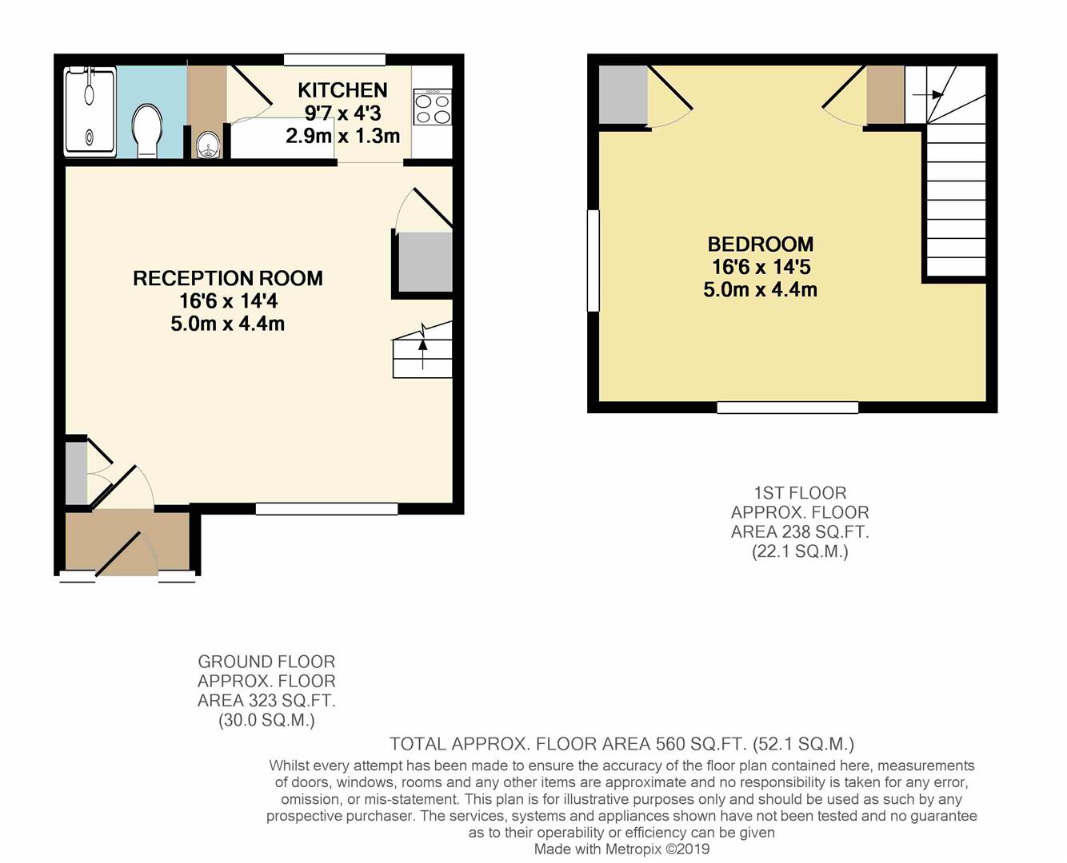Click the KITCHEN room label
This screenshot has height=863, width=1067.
click(x=342, y=90)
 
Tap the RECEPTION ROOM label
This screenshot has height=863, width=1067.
click(x=228, y=278)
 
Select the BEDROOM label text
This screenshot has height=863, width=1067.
click(x=760, y=245)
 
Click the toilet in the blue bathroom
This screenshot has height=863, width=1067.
click(x=147, y=132)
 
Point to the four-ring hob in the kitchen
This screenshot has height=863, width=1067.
click(x=432, y=107)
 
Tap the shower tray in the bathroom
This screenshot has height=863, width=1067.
click(x=90, y=111)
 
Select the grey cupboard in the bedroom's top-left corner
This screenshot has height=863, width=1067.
click(x=623, y=95)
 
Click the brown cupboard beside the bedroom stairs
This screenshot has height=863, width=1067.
click(x=885, y=95)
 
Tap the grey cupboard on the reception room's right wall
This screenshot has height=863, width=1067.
click(x=425, y=262)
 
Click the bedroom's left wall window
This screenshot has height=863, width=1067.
click(x=593, y=260)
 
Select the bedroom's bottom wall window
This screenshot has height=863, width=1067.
click(x=787, y=408)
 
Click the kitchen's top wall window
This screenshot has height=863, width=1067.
click(x=334, y=59)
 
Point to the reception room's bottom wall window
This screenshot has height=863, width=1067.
click(x=326, y=509)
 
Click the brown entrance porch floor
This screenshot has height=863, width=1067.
click(x=126, y=542)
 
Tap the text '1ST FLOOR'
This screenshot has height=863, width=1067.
click(x=799, y=493)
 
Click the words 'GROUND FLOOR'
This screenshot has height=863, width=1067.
click(x=266, y=662)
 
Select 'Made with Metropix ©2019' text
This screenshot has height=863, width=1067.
click(x=621, y=849)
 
